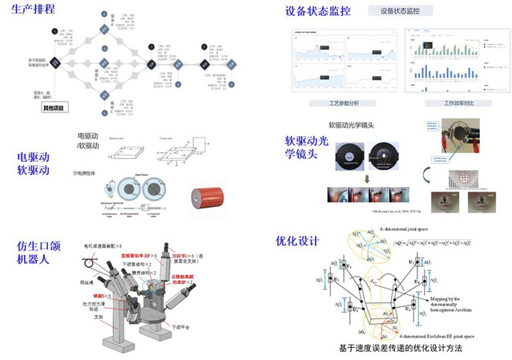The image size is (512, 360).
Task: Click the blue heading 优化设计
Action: point(296,240)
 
